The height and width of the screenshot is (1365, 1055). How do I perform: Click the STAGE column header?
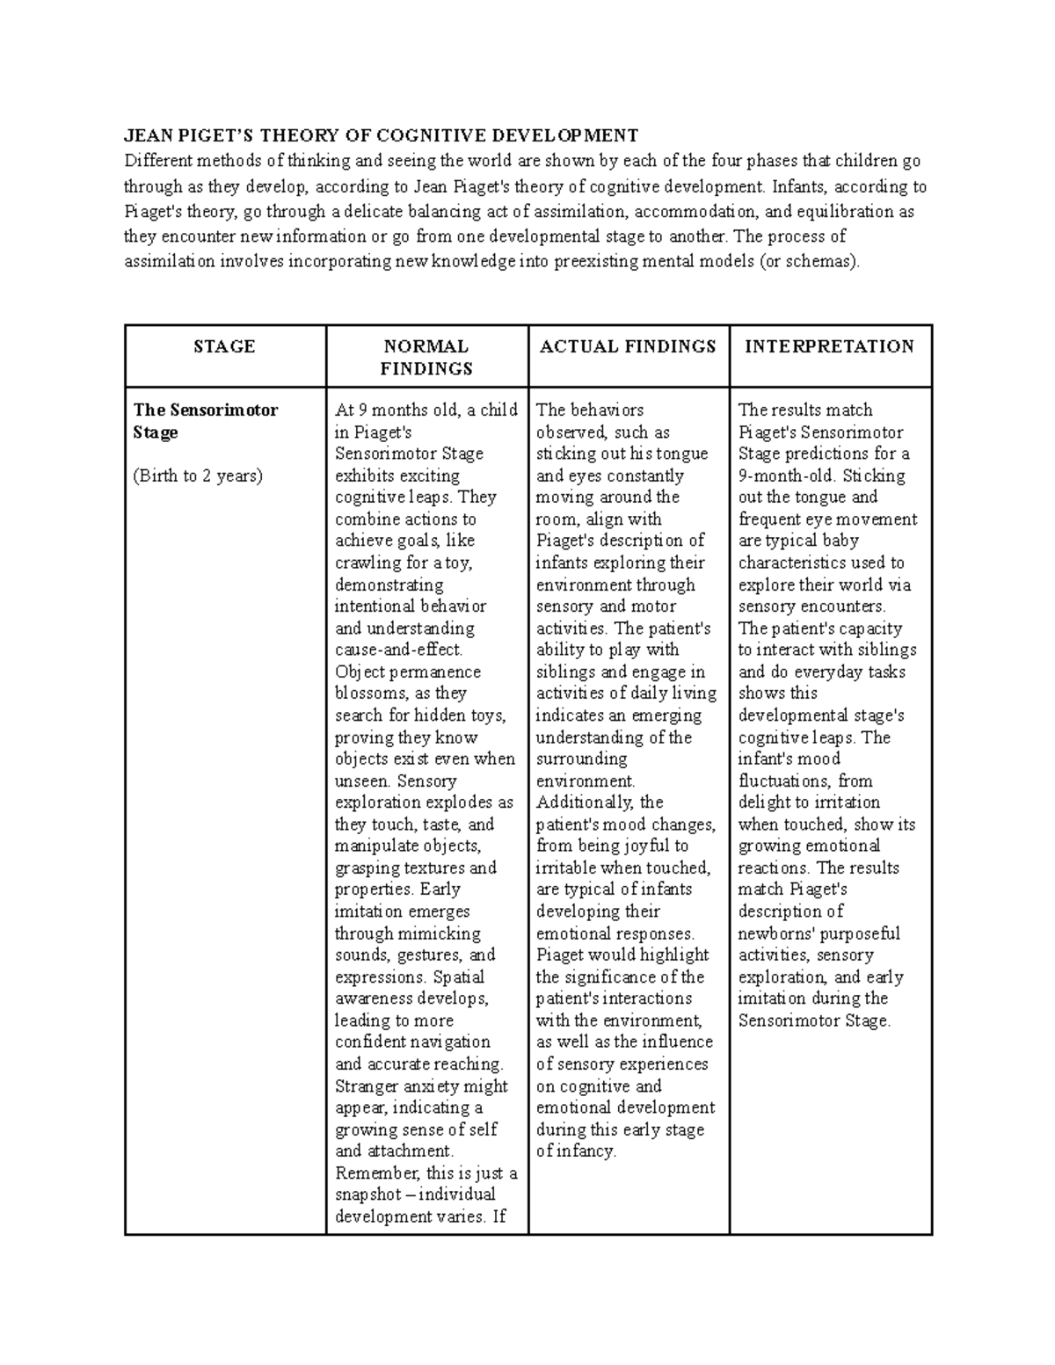(224, 346)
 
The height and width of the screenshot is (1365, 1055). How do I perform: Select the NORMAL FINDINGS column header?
(426, 357)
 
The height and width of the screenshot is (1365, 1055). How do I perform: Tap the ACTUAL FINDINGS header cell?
(628, 346)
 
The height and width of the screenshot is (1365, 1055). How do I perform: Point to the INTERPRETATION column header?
(829, 346)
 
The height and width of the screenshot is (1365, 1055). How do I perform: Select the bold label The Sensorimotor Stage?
(205, 421)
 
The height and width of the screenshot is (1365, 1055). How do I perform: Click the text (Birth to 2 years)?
(198, 476)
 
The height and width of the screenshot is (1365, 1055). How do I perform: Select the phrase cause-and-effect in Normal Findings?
(398, 650)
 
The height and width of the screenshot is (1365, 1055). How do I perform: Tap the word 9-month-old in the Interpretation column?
(787, 476)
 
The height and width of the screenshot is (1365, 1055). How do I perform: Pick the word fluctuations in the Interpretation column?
(782, 781)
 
